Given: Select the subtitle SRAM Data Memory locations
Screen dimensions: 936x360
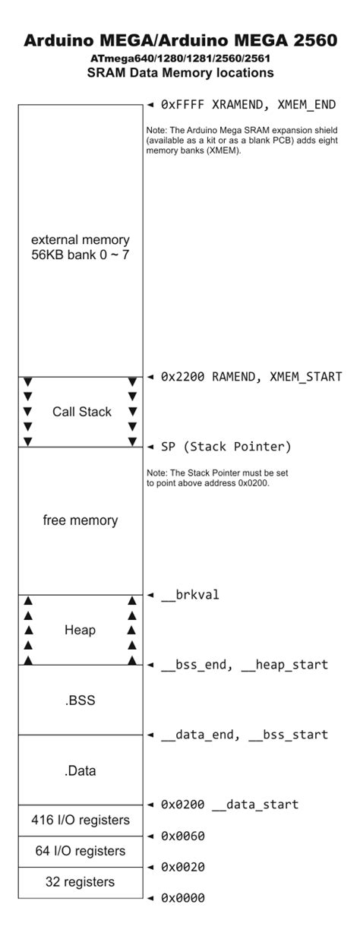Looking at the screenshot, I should point(180,73).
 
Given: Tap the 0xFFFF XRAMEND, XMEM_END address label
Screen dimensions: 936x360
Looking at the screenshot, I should point(248,105).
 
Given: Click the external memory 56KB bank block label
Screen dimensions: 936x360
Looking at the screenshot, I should point(80,248).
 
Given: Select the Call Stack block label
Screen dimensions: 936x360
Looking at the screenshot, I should point(81,412).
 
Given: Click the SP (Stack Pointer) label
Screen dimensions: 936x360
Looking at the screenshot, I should point(226,447).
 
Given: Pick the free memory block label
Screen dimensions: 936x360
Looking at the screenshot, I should point(80,520).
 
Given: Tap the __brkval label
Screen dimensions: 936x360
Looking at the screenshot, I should point(190,595).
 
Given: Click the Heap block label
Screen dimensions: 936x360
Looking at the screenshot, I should point(80,630).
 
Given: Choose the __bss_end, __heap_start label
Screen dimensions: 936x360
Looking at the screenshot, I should point(244,665).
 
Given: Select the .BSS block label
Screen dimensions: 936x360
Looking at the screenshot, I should point(80,700).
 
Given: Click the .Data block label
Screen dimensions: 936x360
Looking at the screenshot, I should point(80,770).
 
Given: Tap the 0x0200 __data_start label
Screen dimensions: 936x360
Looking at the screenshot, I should point(229,805).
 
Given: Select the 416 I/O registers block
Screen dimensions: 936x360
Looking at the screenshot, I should point(80,821).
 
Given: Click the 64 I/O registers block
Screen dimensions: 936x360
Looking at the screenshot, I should point(80,852).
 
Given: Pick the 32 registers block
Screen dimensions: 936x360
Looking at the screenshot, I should point(80,883).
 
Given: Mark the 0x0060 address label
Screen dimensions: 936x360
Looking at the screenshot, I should point(182,836).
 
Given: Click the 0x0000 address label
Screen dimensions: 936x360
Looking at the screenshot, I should point(182,899).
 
